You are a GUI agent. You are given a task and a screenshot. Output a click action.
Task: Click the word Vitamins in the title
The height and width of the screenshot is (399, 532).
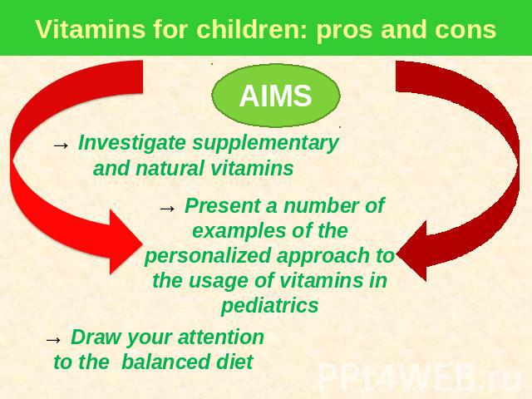point(91,29)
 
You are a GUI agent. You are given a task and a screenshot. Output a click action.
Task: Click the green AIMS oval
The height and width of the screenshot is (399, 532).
point(276,96)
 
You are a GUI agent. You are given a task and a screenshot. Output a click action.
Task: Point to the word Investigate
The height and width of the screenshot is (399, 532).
point(131,144)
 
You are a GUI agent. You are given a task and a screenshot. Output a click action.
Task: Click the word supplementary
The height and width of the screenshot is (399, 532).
point(266,144)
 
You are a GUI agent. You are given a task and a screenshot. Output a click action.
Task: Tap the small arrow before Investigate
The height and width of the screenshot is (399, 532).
point(61,145)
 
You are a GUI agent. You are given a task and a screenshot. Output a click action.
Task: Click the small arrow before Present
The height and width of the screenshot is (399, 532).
point(168,209)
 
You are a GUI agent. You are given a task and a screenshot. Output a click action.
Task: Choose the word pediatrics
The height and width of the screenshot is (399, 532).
point(269,306)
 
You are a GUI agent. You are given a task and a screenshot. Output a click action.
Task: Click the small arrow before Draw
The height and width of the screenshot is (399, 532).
point(53,340)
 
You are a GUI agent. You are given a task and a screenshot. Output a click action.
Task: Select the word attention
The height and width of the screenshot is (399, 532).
point(221,337)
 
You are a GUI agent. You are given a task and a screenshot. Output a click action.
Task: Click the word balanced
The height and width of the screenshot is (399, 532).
point(165,362)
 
